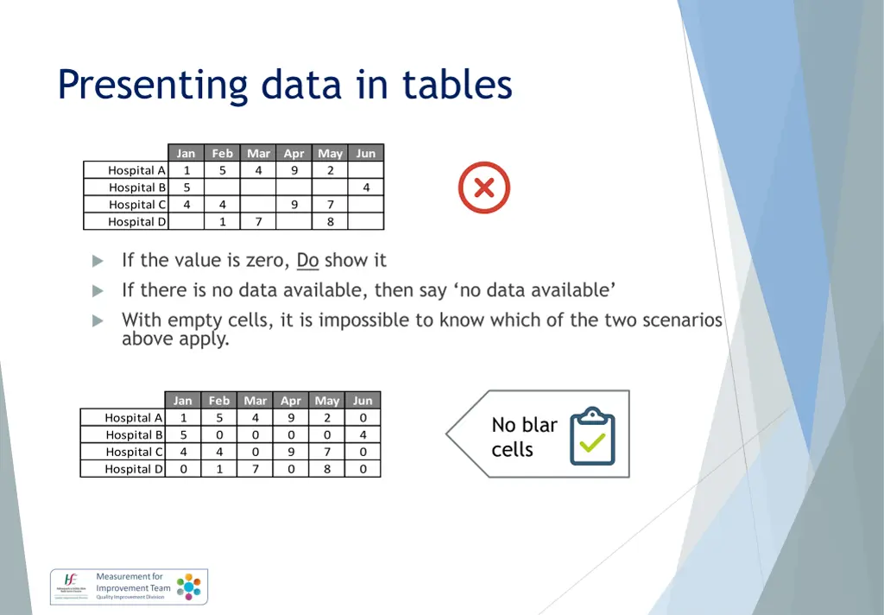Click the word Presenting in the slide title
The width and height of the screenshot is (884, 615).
click(153, 86)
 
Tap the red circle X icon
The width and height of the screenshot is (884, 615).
click(484, 187)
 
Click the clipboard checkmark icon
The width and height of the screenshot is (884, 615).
click(592, 436)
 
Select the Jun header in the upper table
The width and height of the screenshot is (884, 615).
click(366, 153)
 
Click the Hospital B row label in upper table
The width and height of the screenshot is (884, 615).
click(136, 187)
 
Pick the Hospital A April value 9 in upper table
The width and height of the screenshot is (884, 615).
click(294, 170)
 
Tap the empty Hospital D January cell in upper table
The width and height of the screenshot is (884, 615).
click(186, 222)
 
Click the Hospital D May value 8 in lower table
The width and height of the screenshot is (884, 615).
click(327, 469)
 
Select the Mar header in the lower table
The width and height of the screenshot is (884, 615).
click(256, 400)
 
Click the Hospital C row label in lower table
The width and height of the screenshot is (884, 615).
click(134, 452)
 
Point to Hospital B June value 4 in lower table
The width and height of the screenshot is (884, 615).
click(363, 434)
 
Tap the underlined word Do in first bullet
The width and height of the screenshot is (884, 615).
click(307, 260)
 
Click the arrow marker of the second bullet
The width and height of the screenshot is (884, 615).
click(98, 290)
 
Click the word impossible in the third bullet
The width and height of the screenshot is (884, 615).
click(362, 320)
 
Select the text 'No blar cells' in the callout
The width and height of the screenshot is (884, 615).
click(524, 437)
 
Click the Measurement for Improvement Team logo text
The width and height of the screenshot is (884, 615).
click(133, 587)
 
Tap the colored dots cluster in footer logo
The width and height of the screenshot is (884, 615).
click(189, 586)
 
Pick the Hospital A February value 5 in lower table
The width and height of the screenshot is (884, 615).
click(219, 417)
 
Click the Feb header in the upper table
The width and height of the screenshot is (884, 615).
click(223, 153)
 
